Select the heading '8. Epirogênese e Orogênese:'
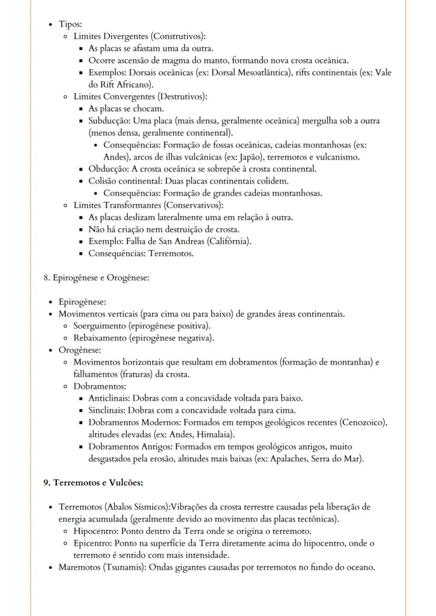tap(96, 277)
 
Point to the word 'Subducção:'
tap(106, 121)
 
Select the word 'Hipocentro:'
tap(95, 531)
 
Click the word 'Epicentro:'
tap(93, 543)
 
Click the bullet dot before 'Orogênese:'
tap(50, 350)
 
